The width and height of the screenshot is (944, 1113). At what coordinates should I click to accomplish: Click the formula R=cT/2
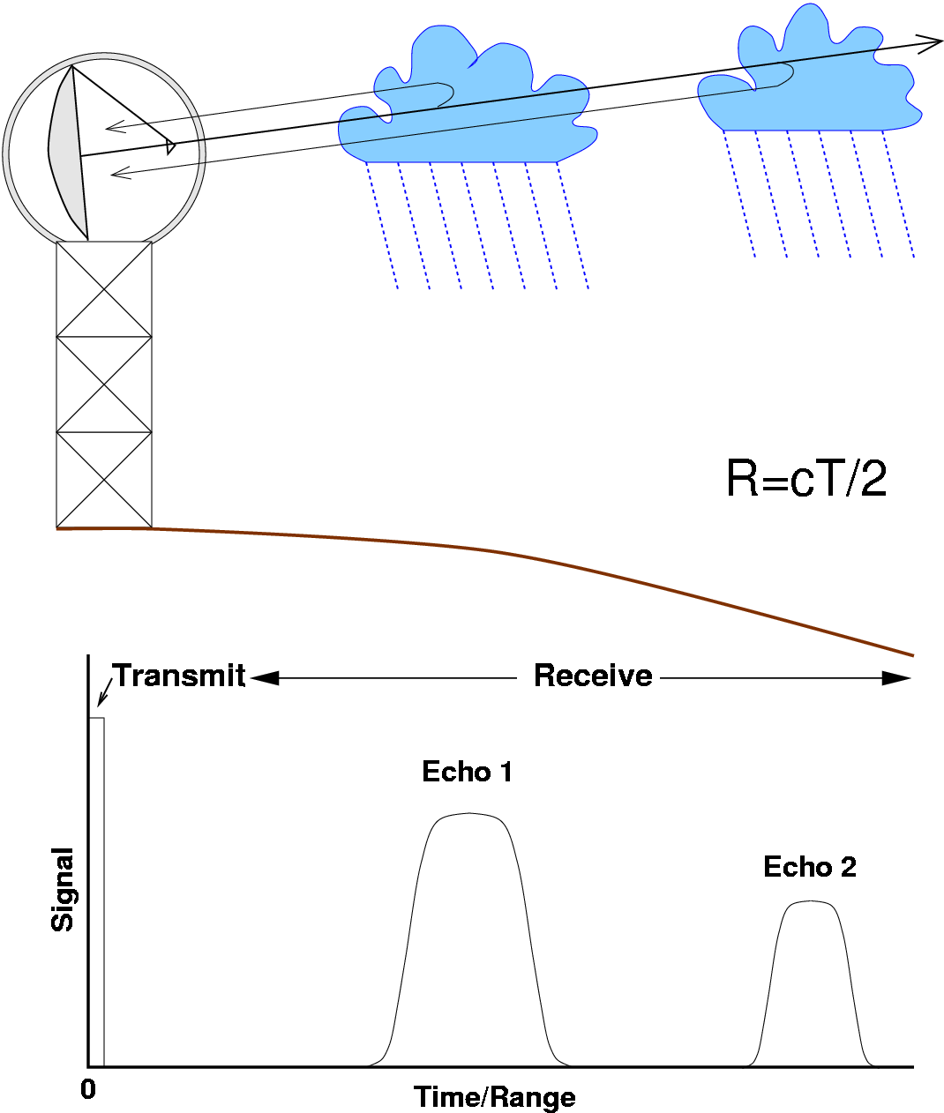tap(805, 480)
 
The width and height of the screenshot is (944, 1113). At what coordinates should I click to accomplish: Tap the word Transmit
tap(179, 676)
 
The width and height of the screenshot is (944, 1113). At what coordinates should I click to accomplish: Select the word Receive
tap(593, 676)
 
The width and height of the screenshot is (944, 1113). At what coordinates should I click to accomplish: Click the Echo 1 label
tap(467, 772)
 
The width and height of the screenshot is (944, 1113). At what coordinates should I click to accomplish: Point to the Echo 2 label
tap(809, 867)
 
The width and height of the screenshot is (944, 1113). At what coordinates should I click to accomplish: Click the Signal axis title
tap(63, 889)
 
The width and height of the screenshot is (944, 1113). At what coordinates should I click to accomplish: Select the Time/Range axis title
tap(494, 1097)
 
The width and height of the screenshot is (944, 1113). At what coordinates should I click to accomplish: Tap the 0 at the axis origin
tap(88, 1090)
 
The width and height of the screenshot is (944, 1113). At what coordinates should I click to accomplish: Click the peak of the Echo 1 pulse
tap(468, 814)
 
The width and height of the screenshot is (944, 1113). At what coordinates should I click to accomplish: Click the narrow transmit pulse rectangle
tap(96, 891)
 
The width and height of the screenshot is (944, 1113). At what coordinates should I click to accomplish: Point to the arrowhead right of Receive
tap(896, 678)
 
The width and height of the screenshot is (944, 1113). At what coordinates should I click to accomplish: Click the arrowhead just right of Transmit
tap(264, 678)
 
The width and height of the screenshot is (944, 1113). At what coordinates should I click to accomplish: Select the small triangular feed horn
tap(170, 146)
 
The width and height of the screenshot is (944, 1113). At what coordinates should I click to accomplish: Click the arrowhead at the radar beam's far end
tap(932, 41)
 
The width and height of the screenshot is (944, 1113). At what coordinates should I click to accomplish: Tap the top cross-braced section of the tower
tap(104, 288)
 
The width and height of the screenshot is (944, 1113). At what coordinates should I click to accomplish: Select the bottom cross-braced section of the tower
tap(104, 480)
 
